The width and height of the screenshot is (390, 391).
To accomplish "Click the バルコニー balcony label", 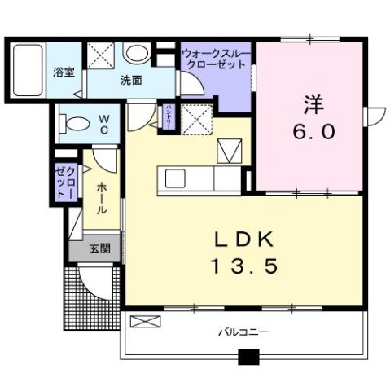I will tap(243, 332).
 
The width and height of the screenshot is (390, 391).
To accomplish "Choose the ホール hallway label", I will tap(101, 198).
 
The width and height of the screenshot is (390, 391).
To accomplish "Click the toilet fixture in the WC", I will tap(74, 125).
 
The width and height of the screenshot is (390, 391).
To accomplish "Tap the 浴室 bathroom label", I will tap(63, 72).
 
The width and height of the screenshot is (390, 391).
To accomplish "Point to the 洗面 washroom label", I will tap(130, 80).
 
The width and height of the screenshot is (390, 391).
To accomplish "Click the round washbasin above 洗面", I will tap(137, 55).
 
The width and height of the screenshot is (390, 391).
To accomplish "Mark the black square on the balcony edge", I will tap(248, 356).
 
